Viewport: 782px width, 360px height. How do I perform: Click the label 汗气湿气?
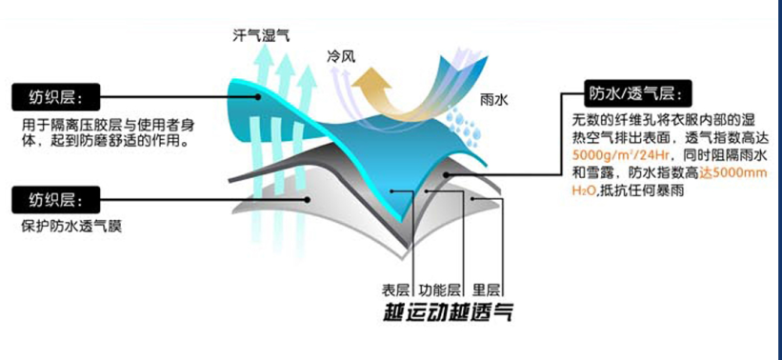pyautogui.click(x=261, y=36)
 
